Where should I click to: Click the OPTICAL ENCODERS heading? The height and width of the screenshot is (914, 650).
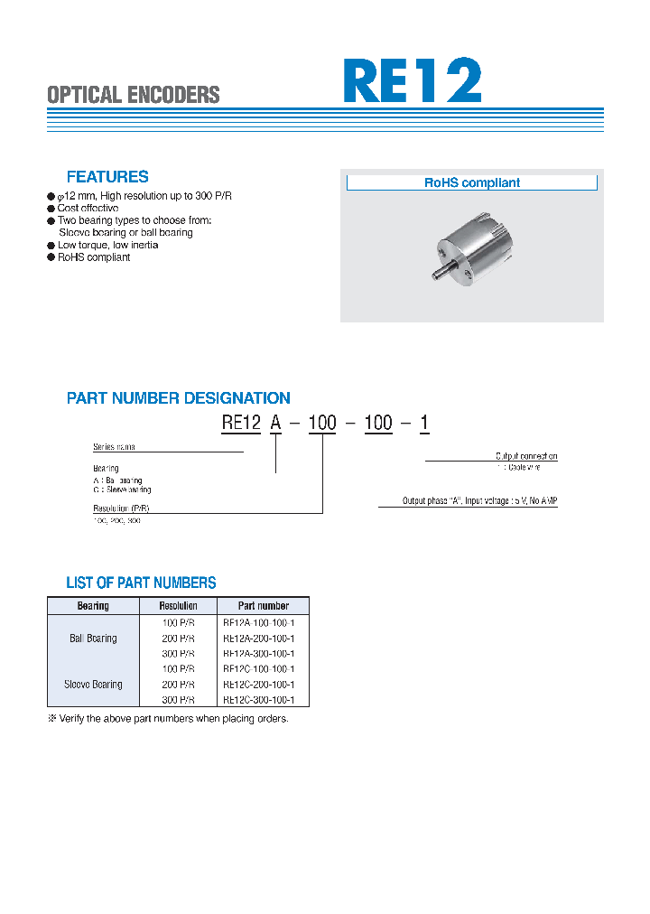click(x=133, y=95)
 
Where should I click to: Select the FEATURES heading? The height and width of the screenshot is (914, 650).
click(x=107, y=177)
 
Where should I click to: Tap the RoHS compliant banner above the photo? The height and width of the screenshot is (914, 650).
click(x=472, y=182)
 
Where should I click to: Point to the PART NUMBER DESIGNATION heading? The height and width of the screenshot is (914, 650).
click(x=179, y=398)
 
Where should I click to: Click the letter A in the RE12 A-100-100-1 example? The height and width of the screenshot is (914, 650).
click(x=275, y=423)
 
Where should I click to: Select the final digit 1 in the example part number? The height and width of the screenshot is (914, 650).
click(x=424, y=423)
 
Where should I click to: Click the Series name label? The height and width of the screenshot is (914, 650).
click(x=115, y=447)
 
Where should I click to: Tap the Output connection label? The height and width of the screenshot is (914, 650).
click(x=526, y=456)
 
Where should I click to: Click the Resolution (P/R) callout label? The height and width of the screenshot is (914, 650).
click(x=120, y=509)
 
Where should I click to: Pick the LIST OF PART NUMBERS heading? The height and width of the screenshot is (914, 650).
click(x=141, y=583)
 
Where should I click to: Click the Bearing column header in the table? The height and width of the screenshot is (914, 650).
click(x=93, y=606)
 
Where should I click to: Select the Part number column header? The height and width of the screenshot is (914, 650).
click(x=264, y=606)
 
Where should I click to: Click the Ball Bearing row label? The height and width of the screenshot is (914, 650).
click(x=93, y=638)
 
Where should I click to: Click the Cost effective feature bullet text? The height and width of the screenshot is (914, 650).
click(x=88, y=209)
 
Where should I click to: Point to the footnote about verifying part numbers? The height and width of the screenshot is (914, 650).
click(x=169, y=718)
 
